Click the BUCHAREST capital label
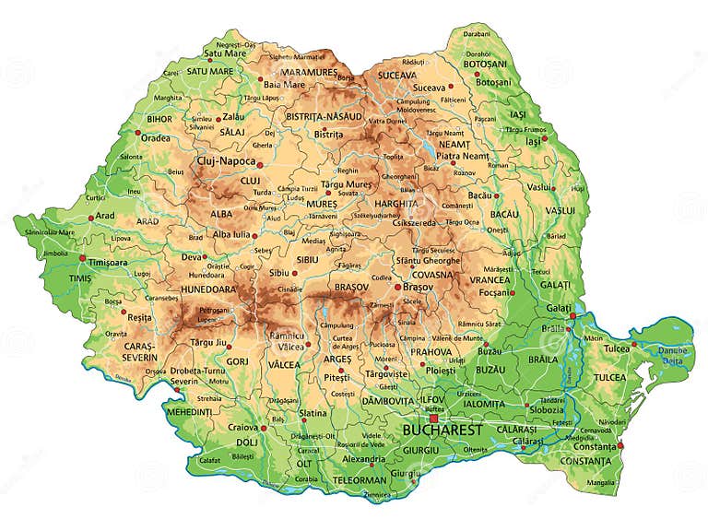point(442,431)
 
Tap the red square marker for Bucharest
point(432,418)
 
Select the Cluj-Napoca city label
point(226,161)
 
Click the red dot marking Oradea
point(139,133)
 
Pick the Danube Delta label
point(673,356)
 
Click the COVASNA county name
point(432,275)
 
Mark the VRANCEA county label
point(490,279)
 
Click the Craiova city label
point(243,427)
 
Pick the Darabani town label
point(477,33)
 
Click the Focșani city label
point(498,294)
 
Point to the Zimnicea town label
point(376,495)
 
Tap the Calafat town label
point(210,460)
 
